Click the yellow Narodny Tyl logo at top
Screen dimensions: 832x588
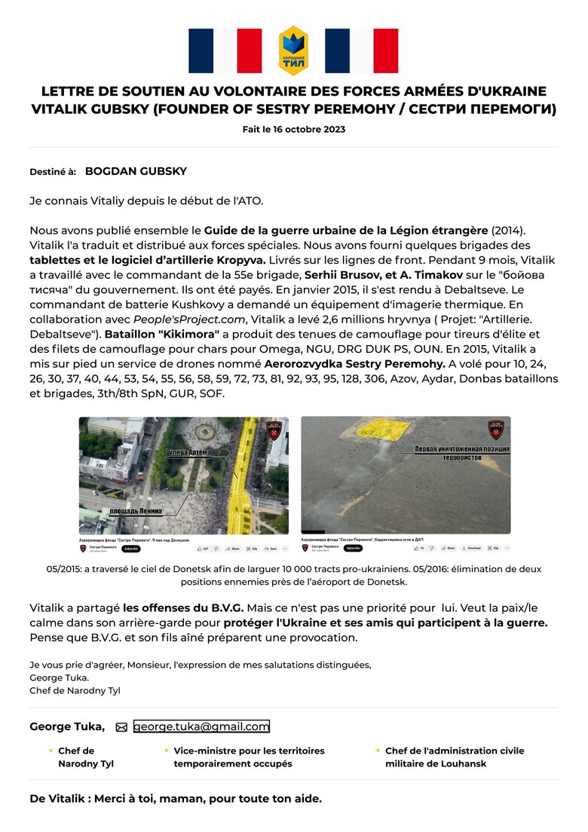(x=293, y=50)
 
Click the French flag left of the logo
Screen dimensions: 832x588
(x=225, y=50)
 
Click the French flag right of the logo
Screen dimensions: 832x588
(x=361, y=50)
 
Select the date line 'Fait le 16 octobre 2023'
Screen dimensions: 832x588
(x=294, y=129)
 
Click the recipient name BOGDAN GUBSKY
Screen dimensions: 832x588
(x=136, y=171)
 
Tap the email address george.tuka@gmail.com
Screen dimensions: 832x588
(x=201, y=726)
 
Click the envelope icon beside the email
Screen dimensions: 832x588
(x=121, y=727)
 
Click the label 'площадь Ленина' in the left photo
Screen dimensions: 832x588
(x=136, y=511)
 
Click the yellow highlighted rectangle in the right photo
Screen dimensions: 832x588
(x=382, y=429)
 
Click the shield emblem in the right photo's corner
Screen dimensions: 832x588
(x=495, y=430)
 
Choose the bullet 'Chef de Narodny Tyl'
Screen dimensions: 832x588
(x=86, y=757)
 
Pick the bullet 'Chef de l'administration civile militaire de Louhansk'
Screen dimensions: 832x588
(x=454, y=757)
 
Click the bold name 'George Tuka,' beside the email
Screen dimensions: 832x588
(x=67, y=726)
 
